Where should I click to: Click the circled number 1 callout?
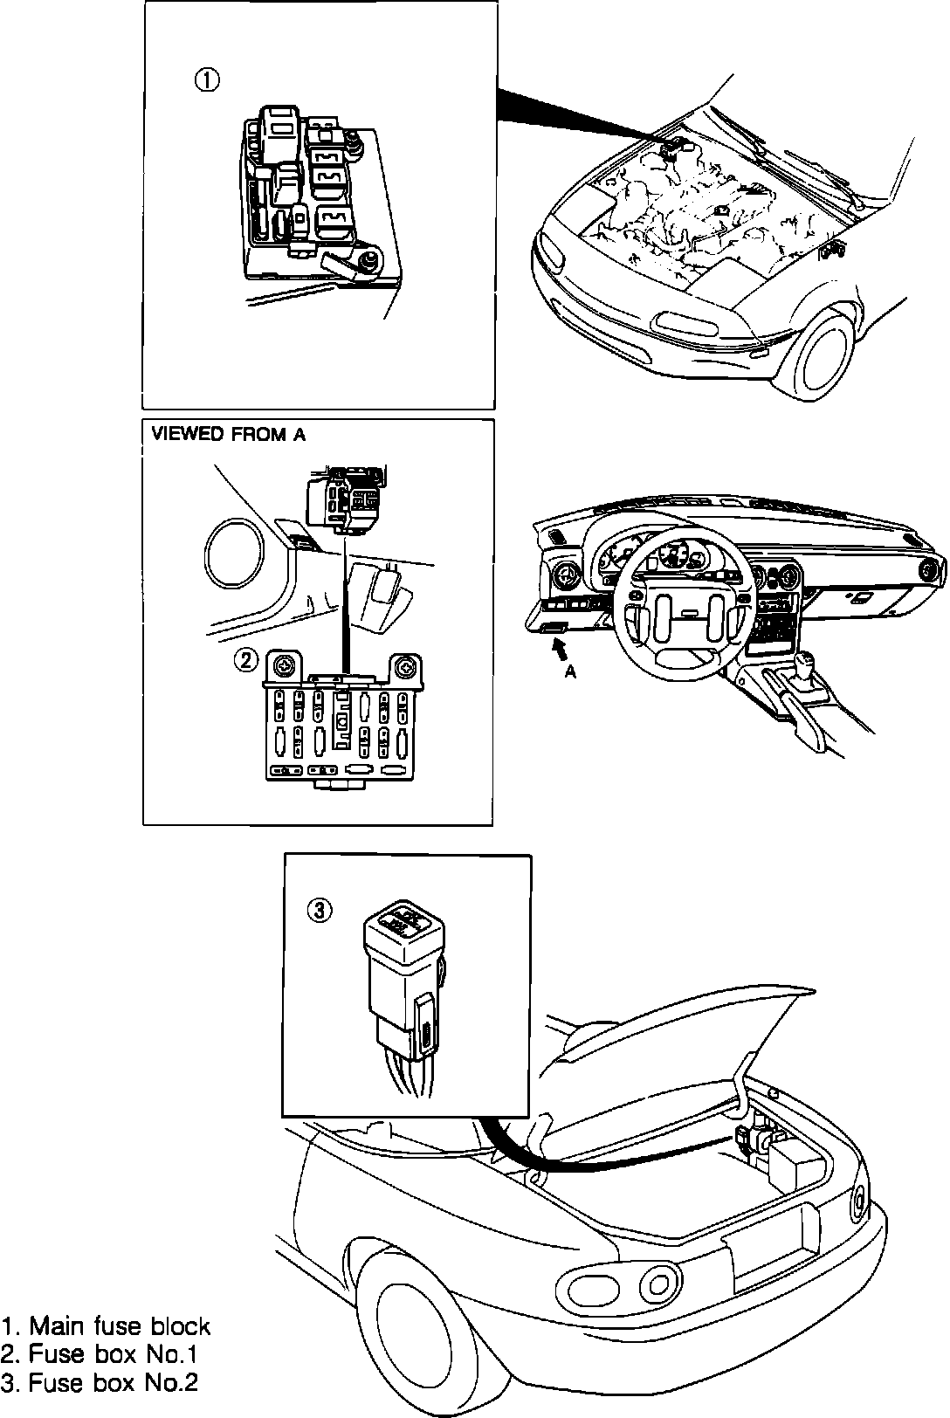(206, 80)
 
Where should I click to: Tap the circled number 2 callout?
(246, 661)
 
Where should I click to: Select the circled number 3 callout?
(320, 911)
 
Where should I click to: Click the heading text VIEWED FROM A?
(229, 435)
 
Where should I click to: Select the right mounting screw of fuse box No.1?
(406, 669)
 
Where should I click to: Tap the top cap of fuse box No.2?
(402, 922)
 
